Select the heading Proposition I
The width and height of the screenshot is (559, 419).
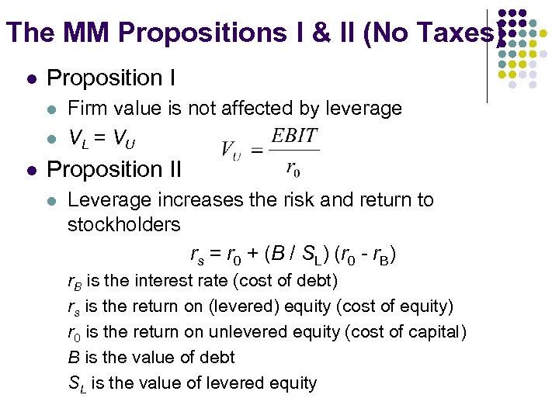[111, 78]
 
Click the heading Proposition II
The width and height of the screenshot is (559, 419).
[114, 168]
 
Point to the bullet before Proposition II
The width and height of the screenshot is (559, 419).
[30, 169]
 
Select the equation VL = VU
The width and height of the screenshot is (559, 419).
[102, 140]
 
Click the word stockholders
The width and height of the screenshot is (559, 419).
[124, 225]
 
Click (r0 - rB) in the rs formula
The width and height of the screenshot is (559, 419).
[366, 254]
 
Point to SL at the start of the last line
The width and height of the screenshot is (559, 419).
[75, 383]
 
